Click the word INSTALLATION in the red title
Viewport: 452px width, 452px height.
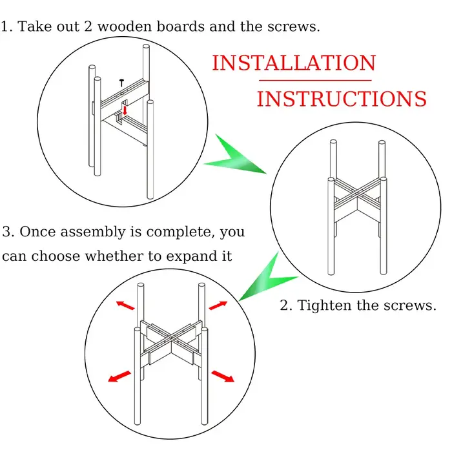(294, 63)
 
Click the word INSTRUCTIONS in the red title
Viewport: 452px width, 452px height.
(342, 99)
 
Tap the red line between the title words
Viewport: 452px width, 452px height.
(315, 81)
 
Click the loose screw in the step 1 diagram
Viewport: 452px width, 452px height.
(121, 83)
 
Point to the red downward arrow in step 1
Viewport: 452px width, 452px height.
(125, 110)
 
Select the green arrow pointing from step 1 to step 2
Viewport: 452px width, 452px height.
(235, 155)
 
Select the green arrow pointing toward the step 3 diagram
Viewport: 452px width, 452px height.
(268, 276)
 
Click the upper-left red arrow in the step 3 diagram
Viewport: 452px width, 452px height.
(125, 305)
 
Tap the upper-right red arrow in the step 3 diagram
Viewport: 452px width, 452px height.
(218, 305)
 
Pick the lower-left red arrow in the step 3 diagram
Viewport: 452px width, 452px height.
(119, 376)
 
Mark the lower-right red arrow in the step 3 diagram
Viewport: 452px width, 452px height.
(223, 376)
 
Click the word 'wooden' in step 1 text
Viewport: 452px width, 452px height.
(125, 27)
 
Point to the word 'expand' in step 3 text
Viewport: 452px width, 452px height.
(192, 256)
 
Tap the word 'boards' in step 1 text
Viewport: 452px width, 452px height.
(181, 27)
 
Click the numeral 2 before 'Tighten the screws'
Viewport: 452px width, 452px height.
(285, 305)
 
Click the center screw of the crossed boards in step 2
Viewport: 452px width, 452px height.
(357, 194)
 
